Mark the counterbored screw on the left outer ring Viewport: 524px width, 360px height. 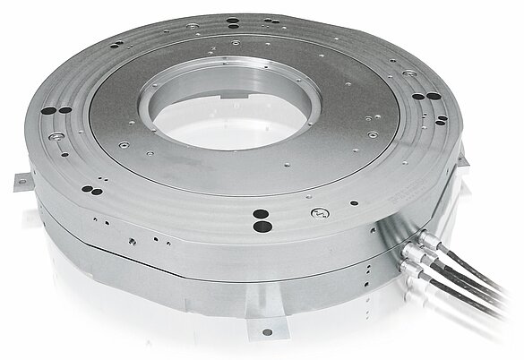click(56, 134)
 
